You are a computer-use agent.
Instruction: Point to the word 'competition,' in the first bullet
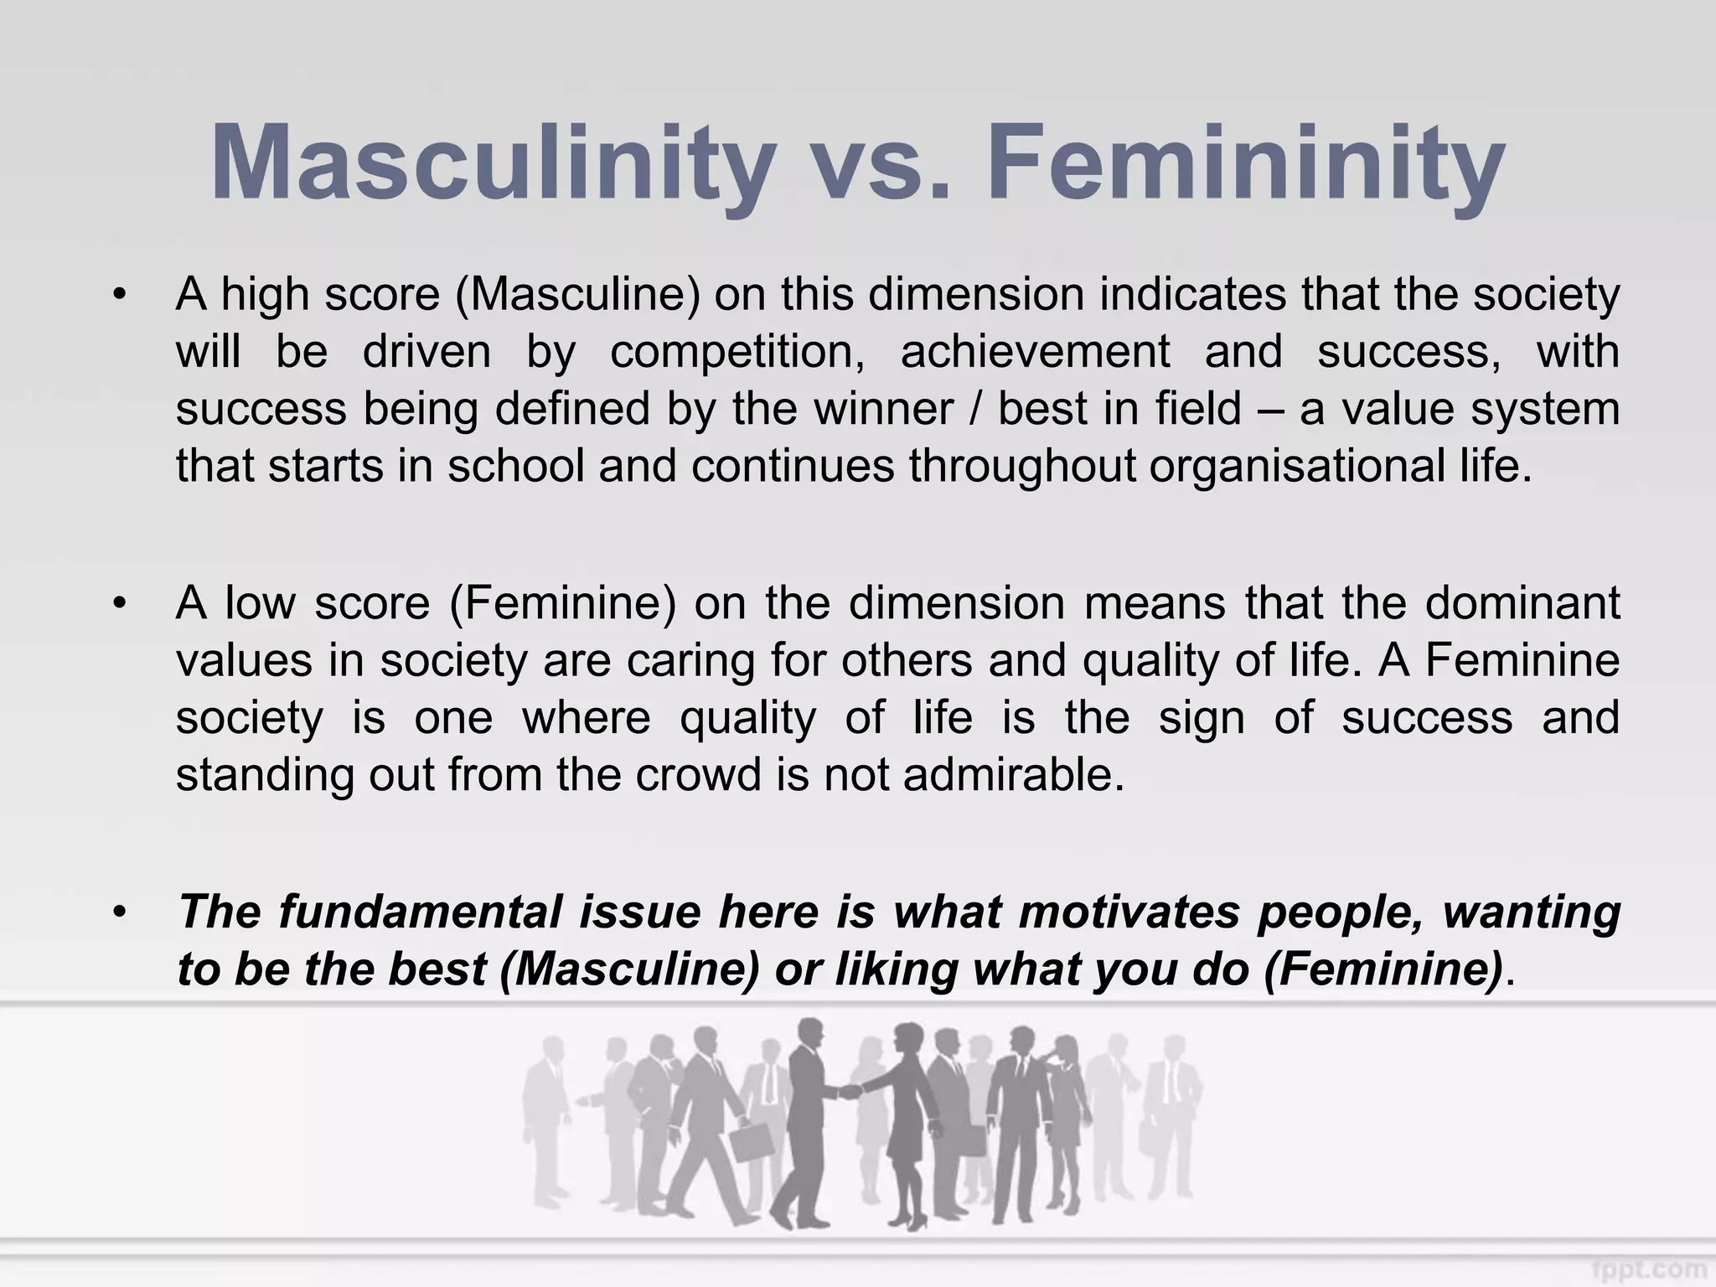tap(737, 352)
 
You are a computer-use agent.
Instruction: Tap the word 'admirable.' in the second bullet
tap(1014, 774)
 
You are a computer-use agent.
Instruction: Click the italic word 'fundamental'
tap(420, 912)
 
